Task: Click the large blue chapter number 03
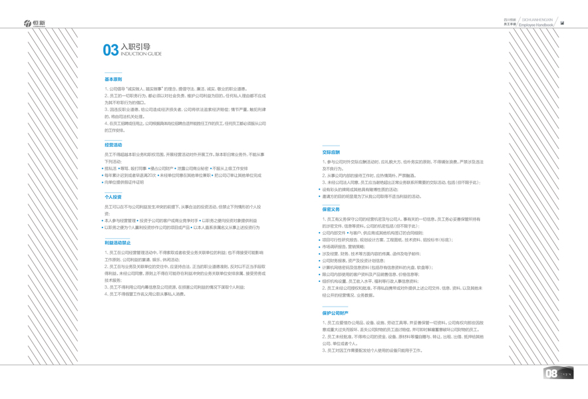point(110,51)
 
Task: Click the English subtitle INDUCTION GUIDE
point(141,54)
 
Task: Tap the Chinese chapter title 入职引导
point(135,47)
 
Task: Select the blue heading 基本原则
point(113,79)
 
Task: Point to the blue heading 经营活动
point(113,145)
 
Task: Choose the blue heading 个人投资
point(113,197)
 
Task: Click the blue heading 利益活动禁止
point(118,243)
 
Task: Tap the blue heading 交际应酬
point(331,152)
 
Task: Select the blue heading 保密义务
point(331,209)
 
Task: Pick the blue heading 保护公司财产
point(335,313)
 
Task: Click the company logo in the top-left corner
point(35,23)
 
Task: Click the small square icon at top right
point(562,23)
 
